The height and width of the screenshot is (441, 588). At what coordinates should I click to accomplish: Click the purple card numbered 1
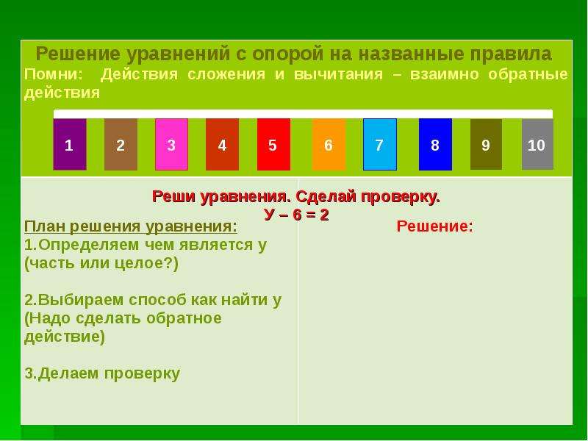[x=70, y=144]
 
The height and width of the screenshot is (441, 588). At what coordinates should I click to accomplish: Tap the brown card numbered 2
[x=121, y=144]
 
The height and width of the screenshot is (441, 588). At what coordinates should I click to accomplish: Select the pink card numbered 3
[x=171, y=144]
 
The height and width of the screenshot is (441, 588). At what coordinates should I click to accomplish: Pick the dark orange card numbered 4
[x=223, y=144]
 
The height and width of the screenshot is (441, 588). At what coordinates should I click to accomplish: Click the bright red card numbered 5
[x=273, y=144]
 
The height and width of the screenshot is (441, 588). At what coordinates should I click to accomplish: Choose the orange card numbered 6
[x=329, y=144]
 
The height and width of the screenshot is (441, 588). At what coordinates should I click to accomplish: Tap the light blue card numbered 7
[x=380, y=144]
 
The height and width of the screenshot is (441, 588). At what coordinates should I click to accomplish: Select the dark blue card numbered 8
[x=435, y=144]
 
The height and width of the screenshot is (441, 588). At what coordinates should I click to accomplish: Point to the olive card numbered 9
[x=486, y=144]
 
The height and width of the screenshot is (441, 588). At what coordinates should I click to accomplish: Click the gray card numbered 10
[x=537, y=144]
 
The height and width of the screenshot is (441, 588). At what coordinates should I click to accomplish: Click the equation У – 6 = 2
[x=297, y=215]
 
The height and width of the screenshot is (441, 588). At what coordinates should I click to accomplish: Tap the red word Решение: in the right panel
[x=435, y=226]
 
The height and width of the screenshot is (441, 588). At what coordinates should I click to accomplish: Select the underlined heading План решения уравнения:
[x=131, y=227]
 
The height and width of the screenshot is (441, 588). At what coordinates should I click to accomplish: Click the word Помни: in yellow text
[x=53, y=74]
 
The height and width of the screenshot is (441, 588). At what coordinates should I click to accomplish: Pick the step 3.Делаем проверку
[x=102, y=373]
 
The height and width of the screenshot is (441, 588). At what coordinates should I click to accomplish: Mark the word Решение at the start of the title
[x=78, y=54]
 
